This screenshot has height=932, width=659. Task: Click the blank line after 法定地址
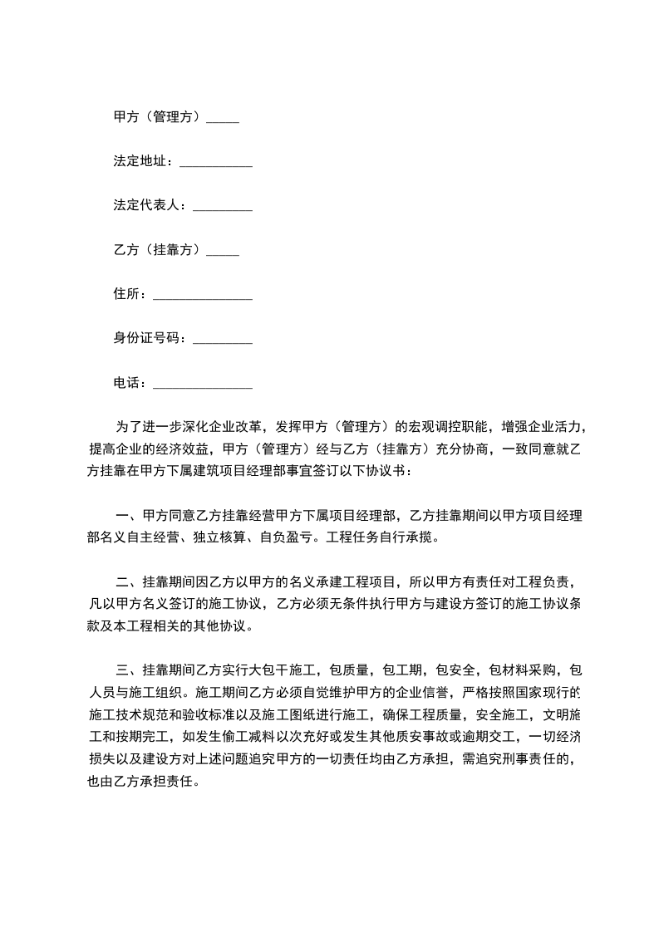[215, 164]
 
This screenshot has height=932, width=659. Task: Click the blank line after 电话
[203, 386]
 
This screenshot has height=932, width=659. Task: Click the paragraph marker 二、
[126, 581]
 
